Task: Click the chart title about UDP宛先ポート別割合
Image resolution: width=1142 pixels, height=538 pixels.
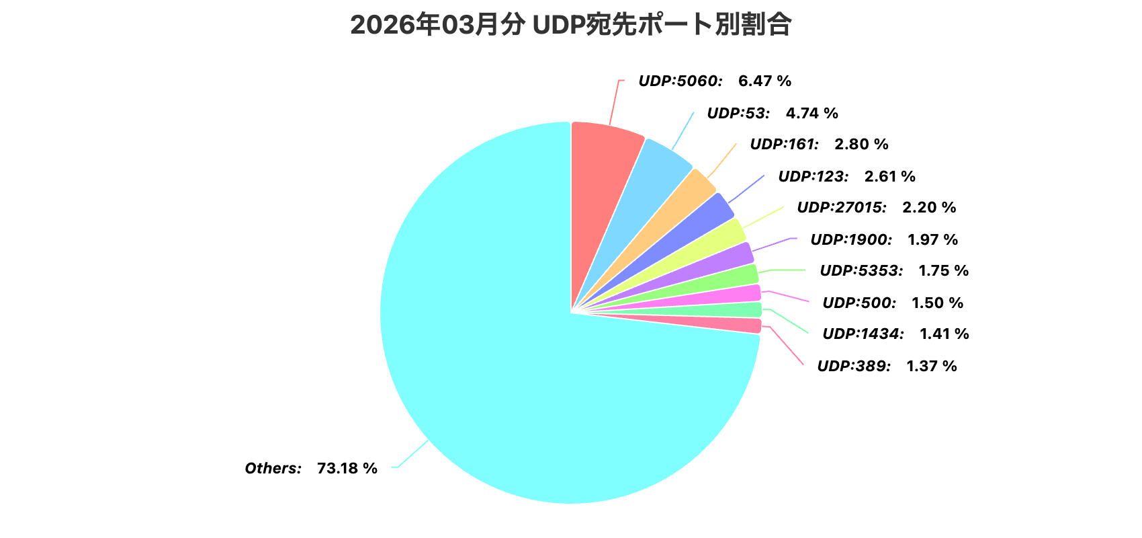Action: pyautogui.click(x=570, y=26)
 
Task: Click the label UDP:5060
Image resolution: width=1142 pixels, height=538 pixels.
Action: pyautogui.click(x=680, y=81)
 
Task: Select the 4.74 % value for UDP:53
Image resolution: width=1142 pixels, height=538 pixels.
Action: pyautogui.click(x=811, y=114)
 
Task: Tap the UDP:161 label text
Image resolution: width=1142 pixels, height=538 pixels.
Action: pyautogui.click(x=784, y=145)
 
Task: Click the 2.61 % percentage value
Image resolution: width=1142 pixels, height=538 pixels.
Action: pyautogui.click(x=889, y=177)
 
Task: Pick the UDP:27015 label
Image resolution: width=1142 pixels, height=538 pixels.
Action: pyautogui.click(x=841, y=208)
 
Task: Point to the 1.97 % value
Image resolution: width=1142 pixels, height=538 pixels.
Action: pyautogui.click(x=932, y=240)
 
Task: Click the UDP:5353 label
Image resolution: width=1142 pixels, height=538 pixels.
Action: pyautogui.click(x=861, y=271)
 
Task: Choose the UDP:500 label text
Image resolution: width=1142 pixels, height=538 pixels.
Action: pyautogui.click(x=859, y=303)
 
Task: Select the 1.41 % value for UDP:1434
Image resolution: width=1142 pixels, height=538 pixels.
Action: pyautogui.click(x=944, y=334)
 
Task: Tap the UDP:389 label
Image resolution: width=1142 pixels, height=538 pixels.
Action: pyautogui.click(x=854, y=367)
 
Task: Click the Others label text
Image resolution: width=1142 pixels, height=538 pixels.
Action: pyautogui.click(x=273, y=469)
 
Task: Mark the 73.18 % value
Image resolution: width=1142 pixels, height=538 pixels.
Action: pyautogui.click(x=347, y=469)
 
